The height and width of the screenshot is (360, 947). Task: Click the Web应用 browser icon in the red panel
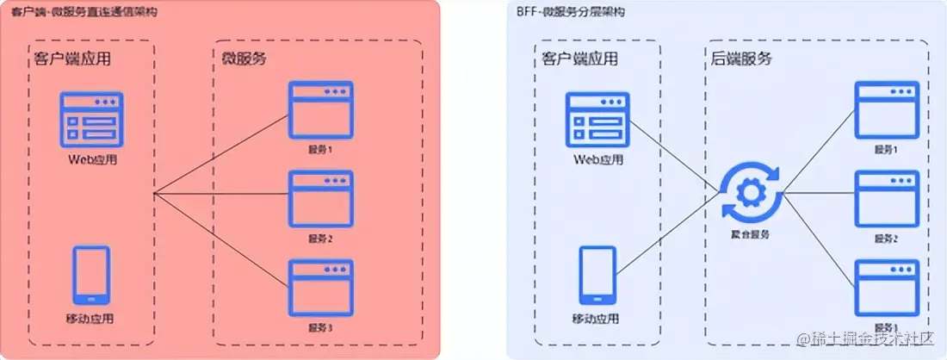(92, 119)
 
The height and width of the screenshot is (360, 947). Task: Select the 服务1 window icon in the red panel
(320, 109)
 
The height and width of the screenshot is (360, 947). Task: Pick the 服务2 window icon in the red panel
(320, 199)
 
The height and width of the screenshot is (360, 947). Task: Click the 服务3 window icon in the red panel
(320, 288)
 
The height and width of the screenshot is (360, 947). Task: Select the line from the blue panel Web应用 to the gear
(676, 152)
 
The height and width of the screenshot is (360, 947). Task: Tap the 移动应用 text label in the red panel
(91, 320)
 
